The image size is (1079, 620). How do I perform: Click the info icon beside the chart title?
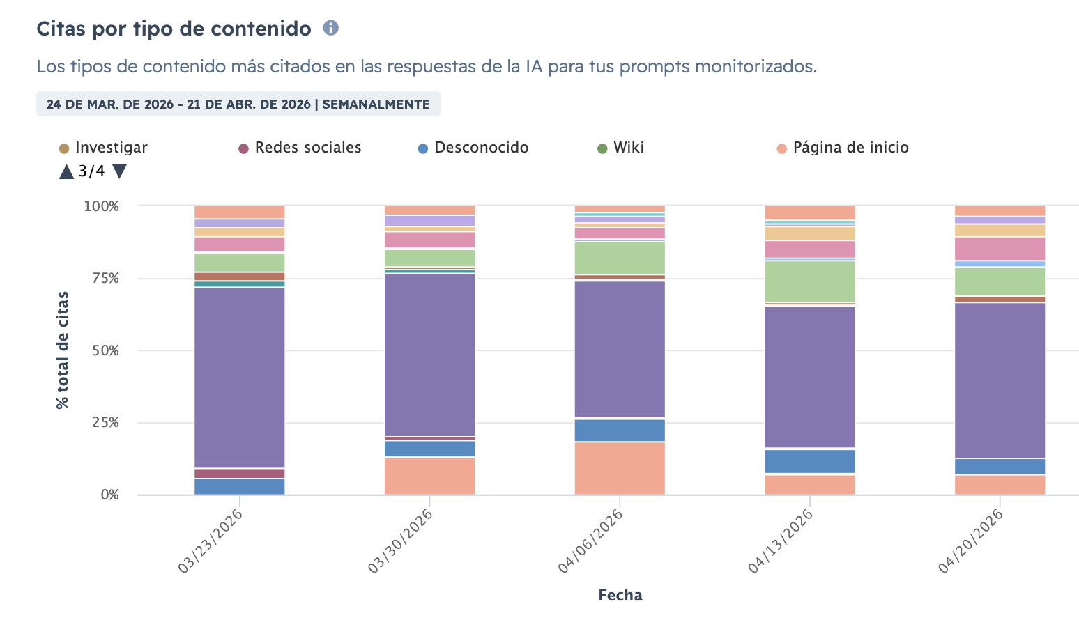pos(331,28)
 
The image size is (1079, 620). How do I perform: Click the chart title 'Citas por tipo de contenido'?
pos(174,29)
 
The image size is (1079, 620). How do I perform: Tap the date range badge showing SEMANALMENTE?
pos(238,104)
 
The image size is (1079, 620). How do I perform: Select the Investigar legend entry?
pos(104,148)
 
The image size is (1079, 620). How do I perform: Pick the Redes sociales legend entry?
pos(300,148)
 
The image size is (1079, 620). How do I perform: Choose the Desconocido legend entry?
pos(473,148)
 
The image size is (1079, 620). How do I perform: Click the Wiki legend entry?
pos(621,148)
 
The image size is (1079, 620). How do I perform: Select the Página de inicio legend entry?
pos(843,148)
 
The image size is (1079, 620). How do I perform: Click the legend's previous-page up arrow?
pos(67,171)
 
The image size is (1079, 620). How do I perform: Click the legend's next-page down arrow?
pos(119,171)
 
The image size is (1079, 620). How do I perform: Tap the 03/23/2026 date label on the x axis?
pos(210,541)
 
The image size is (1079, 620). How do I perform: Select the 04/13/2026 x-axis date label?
pos(780,541)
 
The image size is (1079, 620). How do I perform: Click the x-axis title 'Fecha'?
pos(620,595)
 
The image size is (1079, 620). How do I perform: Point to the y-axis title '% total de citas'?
pos(63,350)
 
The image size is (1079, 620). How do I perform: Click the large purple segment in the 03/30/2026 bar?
pos(430,355)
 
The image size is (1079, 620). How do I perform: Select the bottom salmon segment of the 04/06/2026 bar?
pos(620,468)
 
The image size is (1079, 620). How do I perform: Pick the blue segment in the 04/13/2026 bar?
pos(810,461)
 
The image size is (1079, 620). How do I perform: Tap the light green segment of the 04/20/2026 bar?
pos(1000,281)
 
